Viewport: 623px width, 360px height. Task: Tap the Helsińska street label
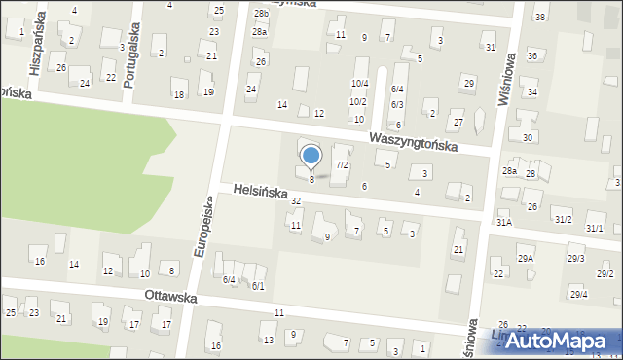click(x=260, y=192)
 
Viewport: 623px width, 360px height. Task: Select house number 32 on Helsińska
click(x=296, y=200)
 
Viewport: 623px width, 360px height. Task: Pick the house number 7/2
click(x=342, y=165)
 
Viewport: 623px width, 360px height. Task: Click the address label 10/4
click(x=358, y=84)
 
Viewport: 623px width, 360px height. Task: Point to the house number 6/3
click(x=397, y=104)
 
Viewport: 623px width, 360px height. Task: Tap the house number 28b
click(x=261, y=13)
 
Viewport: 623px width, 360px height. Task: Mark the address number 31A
click(x=503, y=222)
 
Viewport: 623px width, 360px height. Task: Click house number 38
click(x=539, y=18)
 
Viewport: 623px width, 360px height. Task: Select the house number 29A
click(x=526, y=258)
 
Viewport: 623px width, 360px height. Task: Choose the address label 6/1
click(x=258, y=286)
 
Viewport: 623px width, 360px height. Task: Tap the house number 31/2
click(x=563, y=220)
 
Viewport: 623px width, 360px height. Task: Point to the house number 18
click(x=178, y=94)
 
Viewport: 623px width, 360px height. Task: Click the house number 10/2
click(x=357, y=101)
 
